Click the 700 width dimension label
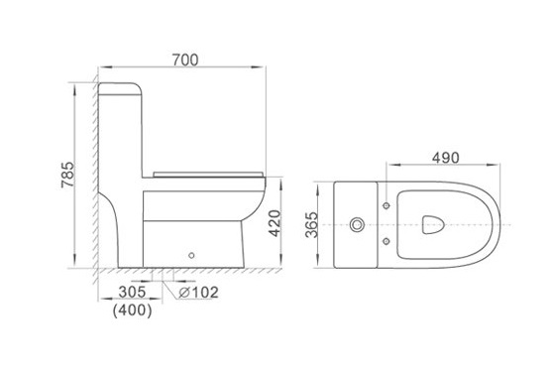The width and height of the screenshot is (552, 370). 185,60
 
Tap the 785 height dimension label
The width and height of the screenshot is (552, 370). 67,175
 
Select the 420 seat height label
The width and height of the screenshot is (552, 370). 275,223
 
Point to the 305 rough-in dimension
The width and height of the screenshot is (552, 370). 132,292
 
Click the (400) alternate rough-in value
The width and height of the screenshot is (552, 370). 133,310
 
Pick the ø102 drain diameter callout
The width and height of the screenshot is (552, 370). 198,292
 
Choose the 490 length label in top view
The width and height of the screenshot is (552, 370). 446,158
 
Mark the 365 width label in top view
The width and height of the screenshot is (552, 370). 311,225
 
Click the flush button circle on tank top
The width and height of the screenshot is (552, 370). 357,224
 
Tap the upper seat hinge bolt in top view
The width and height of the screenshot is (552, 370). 386,205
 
